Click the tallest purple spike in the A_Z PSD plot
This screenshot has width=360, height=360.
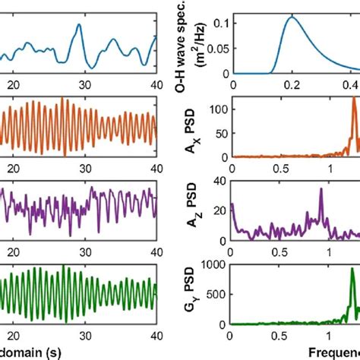coord(321,190)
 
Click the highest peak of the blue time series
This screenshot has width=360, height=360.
coord(77,24)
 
